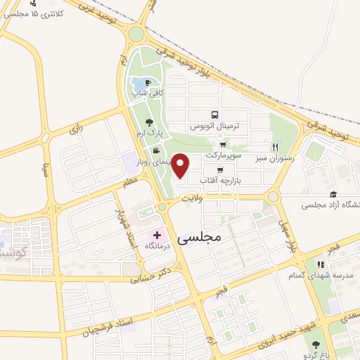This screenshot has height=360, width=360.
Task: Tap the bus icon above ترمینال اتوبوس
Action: (x=214, y=116)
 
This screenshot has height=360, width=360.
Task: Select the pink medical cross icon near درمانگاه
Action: (x=157, y=235)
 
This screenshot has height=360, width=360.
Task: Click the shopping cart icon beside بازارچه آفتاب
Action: (x=220, y=169)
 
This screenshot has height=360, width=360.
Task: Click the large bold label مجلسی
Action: (x=200, y=237)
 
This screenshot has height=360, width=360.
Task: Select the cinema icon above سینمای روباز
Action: (x=155, y=149)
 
